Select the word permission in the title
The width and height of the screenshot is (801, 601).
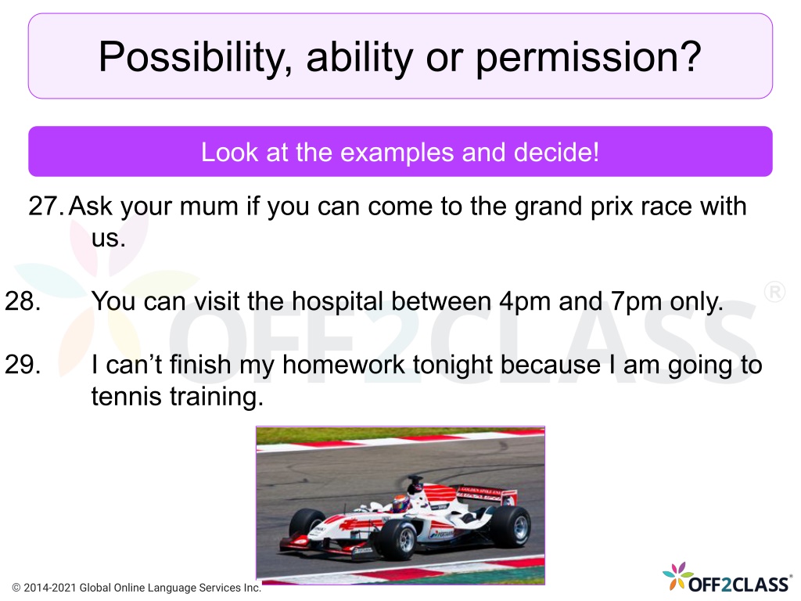click(588, 57)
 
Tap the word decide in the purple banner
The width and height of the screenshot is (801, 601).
click(556, 152)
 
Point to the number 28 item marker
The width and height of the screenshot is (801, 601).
click(23, 300)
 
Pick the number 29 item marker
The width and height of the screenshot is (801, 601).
click(23, 365)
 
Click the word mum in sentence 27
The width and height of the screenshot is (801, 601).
click(209, 207)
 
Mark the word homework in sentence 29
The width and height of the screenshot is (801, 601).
click(344, 365)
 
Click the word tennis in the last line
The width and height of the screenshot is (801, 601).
click(126, 397)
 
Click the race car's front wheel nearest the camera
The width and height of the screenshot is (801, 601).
click(397, 538)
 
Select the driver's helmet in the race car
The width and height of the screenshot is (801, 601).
click(400, 503)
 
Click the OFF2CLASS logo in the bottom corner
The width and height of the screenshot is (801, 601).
click(727, 578)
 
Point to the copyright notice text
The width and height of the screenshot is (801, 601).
click(137, 588)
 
